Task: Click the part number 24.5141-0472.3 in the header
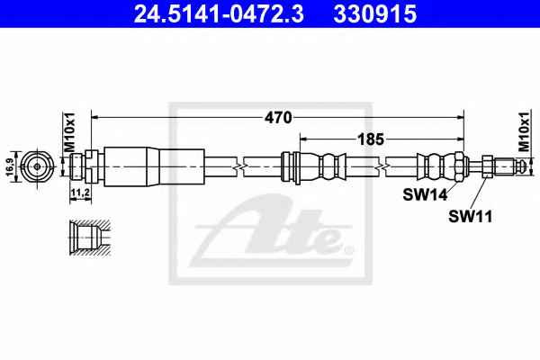coord(219,14)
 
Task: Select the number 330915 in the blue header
coord(375,14)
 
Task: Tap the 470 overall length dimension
coord(278,118)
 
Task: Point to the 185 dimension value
coord(371,139)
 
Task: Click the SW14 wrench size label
coord(426,195)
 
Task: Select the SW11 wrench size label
coord(471,216)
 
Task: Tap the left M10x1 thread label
coord(69,132)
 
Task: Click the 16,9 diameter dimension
coord(11,167)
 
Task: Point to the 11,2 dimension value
coord(80,193)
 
